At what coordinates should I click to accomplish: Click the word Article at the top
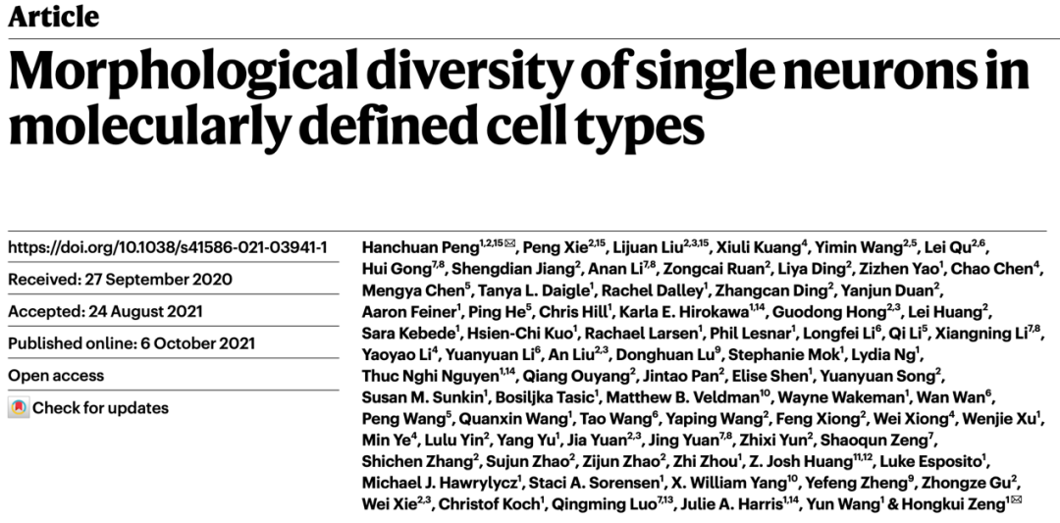[53, 16]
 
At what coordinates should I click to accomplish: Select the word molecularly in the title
[150, 127]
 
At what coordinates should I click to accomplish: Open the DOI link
[168, 247]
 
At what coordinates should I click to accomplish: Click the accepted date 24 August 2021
[145, 311]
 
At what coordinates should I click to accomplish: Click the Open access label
[56, 376]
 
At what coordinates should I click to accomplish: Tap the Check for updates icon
[19, 408]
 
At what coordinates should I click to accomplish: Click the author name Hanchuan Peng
[420, 248]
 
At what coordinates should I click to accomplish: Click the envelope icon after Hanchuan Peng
[509, 243]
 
